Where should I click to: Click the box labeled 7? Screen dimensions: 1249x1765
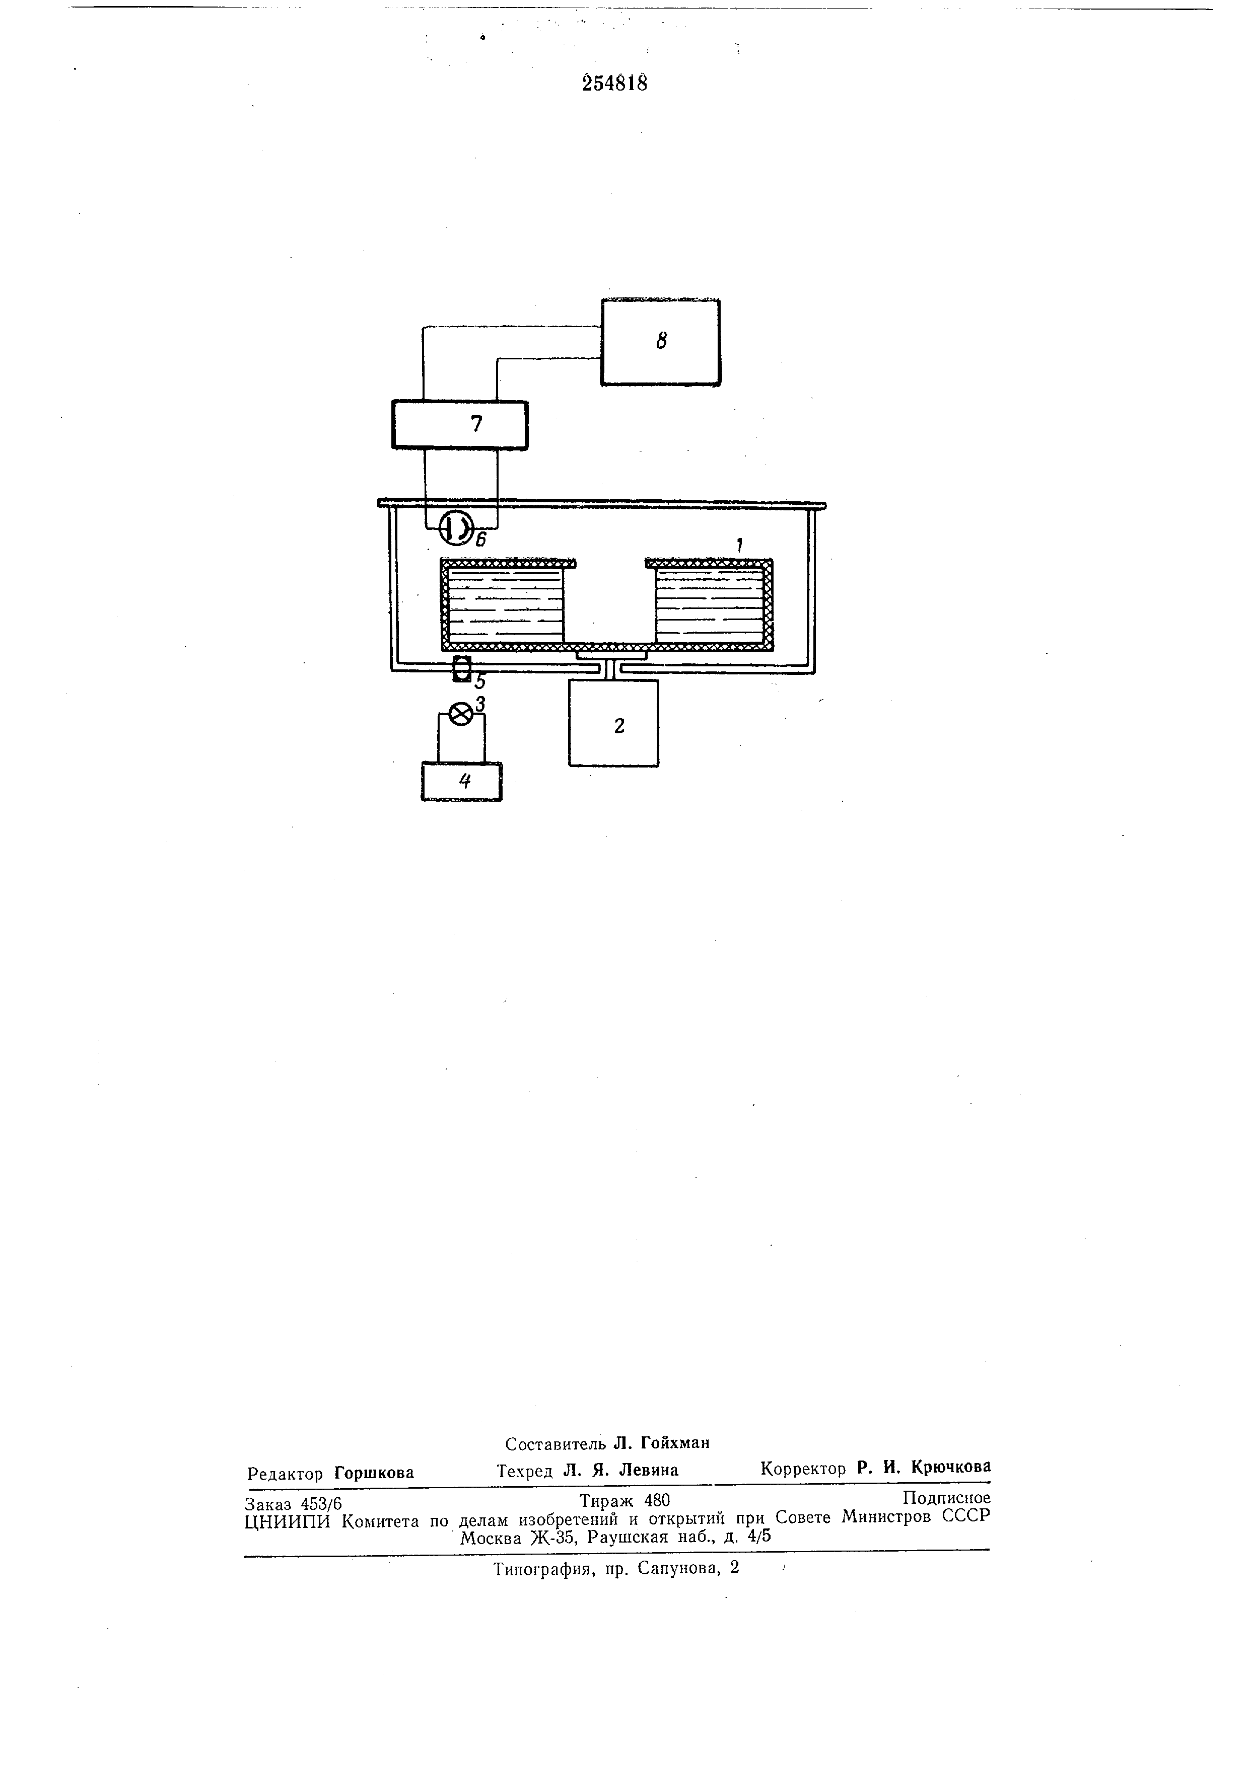pos(460,424)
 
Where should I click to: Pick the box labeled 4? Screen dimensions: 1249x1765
pos(461,781)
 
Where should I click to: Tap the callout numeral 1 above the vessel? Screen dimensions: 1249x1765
pos(738,546)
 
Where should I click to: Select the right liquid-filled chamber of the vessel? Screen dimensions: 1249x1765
pos(708,607)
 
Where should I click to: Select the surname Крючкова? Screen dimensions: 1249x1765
pos(950,1467)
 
